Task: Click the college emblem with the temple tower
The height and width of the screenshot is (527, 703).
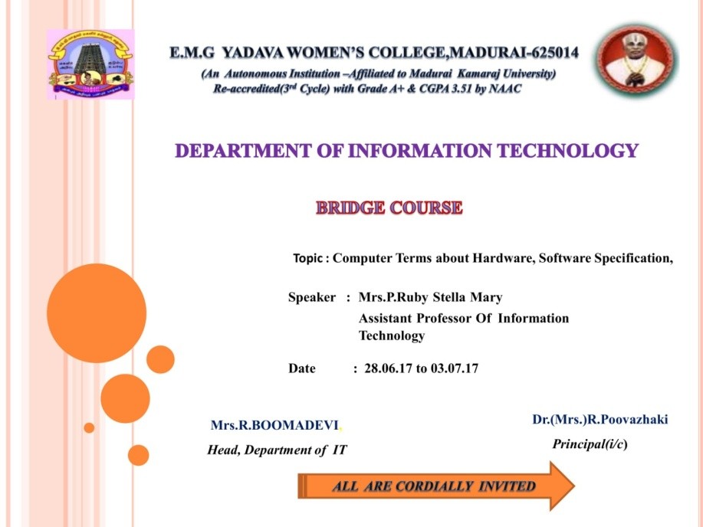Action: (90, 64)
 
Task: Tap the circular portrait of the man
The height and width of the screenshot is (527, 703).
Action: (636, 61)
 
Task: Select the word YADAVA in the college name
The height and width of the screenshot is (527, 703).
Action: (253, 53)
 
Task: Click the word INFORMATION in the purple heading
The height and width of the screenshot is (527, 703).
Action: (421, 151)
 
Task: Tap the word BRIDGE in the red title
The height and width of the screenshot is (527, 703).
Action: (350, 208)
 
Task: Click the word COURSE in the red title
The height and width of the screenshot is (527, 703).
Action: (426, 208)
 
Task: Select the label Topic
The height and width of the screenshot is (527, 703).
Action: (307, 259)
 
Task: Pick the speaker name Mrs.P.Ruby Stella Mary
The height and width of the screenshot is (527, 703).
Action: (430, 297)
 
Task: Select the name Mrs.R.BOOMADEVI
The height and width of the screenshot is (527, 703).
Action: (274, 425)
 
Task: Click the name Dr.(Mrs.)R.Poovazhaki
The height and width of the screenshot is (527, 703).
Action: (600, 420)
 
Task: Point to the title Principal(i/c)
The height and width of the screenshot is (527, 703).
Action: (590, 444)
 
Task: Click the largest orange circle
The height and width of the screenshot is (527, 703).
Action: (97, 313)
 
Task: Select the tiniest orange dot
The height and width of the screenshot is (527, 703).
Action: (89, 427)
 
